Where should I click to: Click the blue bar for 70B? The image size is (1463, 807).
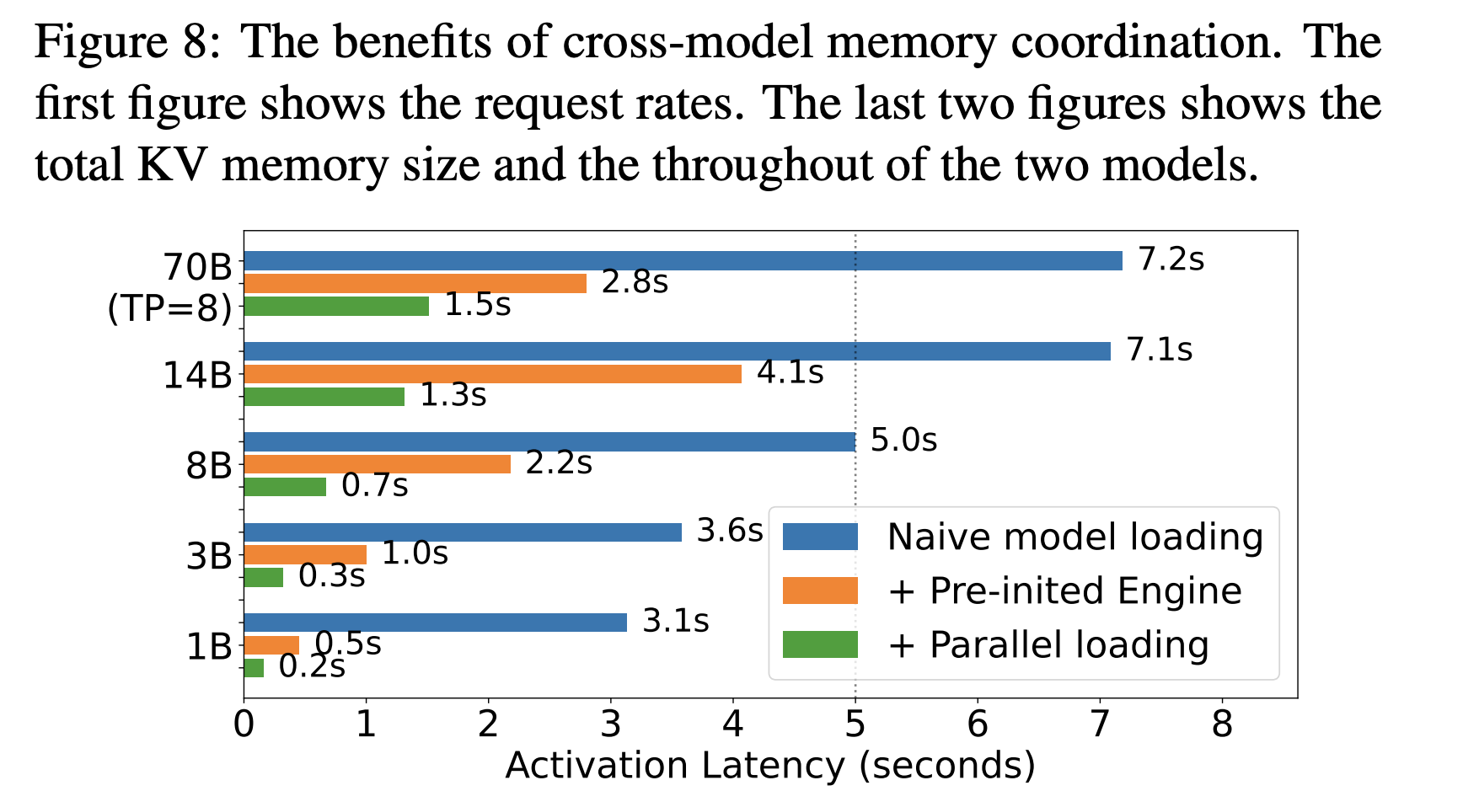click(x=683, y=260)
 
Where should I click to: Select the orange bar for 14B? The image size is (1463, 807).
click(x=492, y=373)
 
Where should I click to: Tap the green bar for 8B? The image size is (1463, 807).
click(x=285, y=486)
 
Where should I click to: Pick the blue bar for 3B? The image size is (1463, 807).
click(x=462, y=532)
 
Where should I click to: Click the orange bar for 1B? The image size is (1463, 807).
click(x=271, y=644)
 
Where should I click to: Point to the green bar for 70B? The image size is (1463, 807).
click(x=336, y=306)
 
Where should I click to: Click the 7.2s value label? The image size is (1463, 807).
click(x=1171, y=259)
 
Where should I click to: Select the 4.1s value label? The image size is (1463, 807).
click(x=790, y=371)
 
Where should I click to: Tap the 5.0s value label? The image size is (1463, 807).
click(x=903, y=440)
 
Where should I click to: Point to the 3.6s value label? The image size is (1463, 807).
click(x=729, y=531)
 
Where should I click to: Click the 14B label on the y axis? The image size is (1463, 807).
click(x=197, y=375)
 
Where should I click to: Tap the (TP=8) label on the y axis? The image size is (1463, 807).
click(x=170, y=309)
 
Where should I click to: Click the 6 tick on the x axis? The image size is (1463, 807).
click(x=978, y=724)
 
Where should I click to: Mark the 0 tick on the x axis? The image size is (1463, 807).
click(x=244, y=724)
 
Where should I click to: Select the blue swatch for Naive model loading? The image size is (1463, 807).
click(x=819, y=537)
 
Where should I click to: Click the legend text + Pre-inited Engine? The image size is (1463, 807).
click(x=1064, y=591)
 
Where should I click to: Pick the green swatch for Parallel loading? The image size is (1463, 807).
click(x=819, y=644)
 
